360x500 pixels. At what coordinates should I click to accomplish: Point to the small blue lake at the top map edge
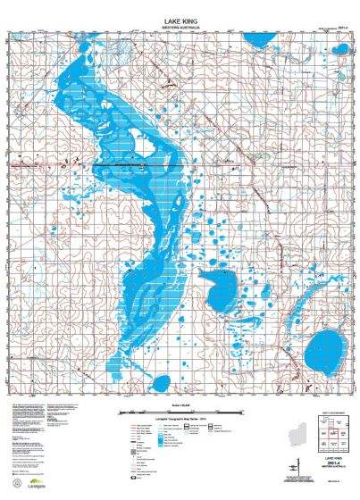point(258,41)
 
